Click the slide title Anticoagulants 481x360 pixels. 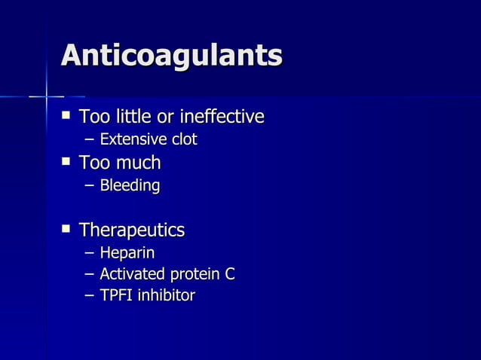172,56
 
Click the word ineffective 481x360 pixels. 224,117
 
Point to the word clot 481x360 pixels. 184,139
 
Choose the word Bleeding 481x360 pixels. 130,185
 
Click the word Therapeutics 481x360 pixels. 132,230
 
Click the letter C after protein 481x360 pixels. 229,274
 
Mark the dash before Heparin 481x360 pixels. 90,253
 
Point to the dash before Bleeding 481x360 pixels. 90,185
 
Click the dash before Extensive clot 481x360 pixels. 90,140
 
